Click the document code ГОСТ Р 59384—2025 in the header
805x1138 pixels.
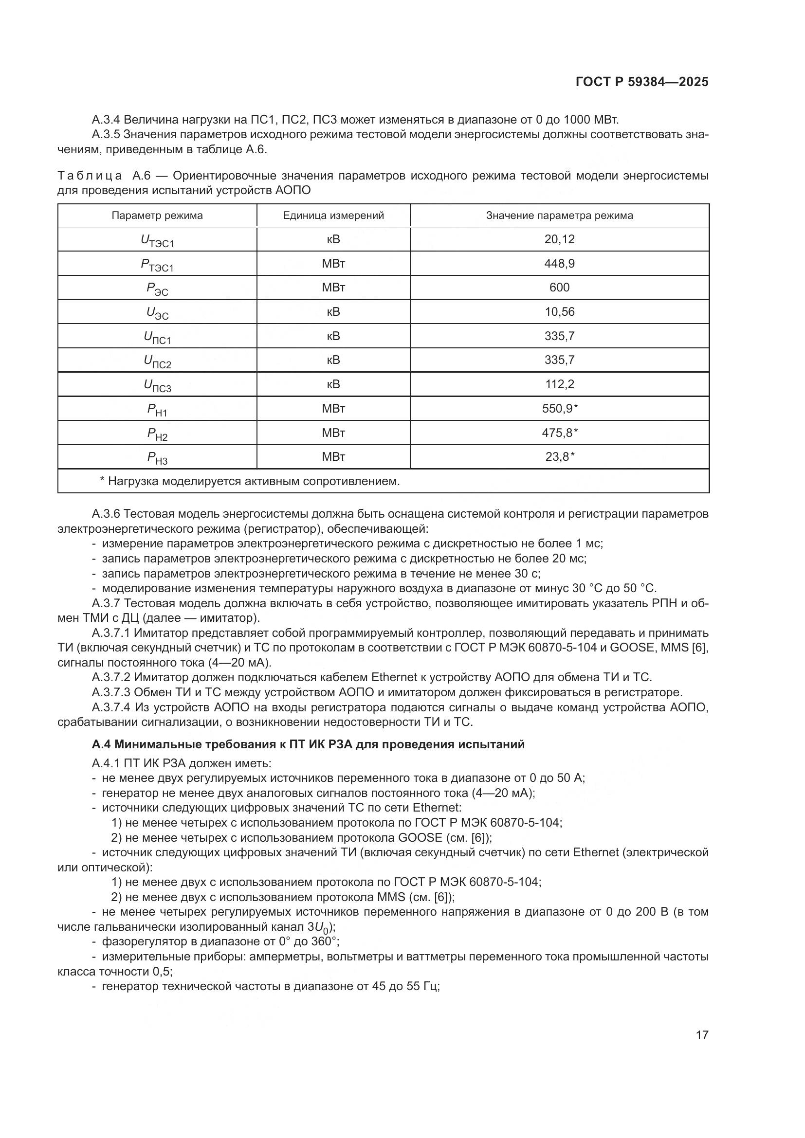(x=642, y=82)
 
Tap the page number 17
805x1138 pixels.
(x=702, y=1035)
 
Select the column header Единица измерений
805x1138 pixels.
(x=333, y=216)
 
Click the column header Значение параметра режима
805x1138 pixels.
(x=559, y=216)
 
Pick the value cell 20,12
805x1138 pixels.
(x=559, y=239)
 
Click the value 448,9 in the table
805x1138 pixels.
(x=559, y=264)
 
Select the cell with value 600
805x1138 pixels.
(x=559, y=288)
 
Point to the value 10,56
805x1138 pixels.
(x=559, y=312)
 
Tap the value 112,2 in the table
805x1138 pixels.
(x=559, y=384)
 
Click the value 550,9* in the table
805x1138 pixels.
(x=560, y=408)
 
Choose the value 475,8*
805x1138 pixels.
(x=560, y=433)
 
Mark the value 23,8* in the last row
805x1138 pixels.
(x=560, y=456)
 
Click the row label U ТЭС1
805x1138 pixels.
(x=157, y=241)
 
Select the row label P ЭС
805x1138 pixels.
(x=157, y=289)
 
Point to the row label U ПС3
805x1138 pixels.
(x=157, y=386)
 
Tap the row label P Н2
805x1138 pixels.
(x=157, y=434)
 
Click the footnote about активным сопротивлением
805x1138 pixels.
(x=250, y=481)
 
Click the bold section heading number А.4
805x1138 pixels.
(x=102, y=744)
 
